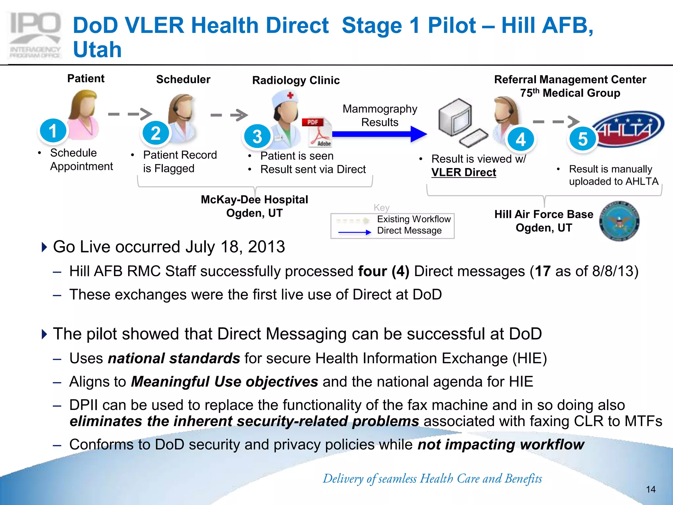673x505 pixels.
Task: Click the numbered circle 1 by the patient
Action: click(53, 131)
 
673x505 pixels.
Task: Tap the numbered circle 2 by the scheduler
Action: click(156, 133)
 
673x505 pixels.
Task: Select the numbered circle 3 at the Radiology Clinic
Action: click(257, 136)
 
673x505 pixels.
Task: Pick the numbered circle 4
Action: click(521, 139)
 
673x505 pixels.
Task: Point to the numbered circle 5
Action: click(583, 139)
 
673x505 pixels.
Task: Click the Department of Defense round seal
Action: click(619, 221)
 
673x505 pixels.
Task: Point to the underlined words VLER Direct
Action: click(464, 173)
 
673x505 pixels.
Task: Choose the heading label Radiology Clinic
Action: click(296, 81)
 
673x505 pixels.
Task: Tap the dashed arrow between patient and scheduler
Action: click(130, 114)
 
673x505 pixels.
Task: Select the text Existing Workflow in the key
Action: click(413, 219)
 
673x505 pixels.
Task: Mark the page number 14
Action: click(651, 490)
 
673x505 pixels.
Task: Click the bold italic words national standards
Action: click(174, 358)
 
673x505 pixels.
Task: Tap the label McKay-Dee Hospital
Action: click(254, 200)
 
